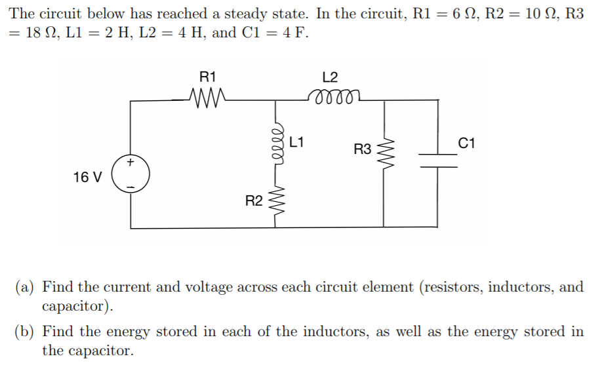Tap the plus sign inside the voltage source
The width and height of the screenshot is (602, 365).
click(130, 162)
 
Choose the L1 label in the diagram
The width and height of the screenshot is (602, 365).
click(296, 140)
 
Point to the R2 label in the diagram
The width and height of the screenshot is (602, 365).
click(254, 201)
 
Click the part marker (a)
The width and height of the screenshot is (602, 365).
click(26, 287)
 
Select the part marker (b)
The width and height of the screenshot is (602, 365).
click(26, 332)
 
